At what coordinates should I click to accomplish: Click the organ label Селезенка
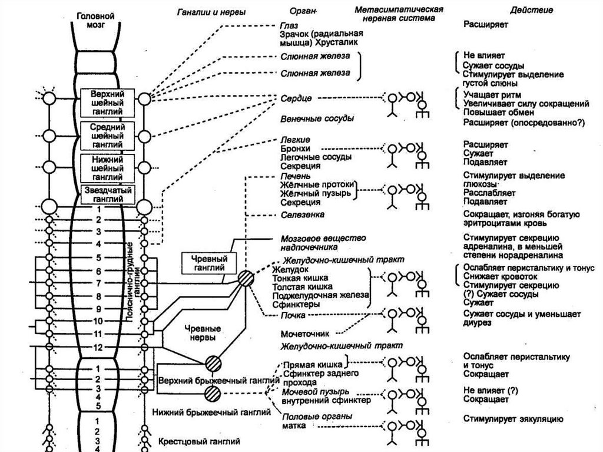(x=303, y=215)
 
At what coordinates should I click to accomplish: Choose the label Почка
(x=292, y=316)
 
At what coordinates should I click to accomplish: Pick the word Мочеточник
(x=304, y=333)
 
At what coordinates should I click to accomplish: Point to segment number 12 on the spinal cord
(x=97, y=348)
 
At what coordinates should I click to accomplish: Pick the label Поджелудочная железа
(x=320, y=295)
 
